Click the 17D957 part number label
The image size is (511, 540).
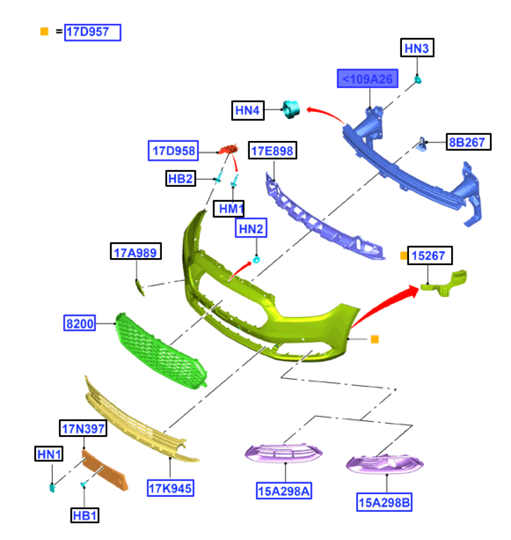[x=93, y=32]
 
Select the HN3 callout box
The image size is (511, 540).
[x=417, y=49]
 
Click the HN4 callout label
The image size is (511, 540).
[x=248, y=111]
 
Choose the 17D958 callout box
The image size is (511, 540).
[x=172, y=151]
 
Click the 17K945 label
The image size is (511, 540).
[x=171, y=488]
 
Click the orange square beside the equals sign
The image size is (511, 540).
[x=44, y=32]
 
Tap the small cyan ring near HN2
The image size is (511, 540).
[x=257, y=260]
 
